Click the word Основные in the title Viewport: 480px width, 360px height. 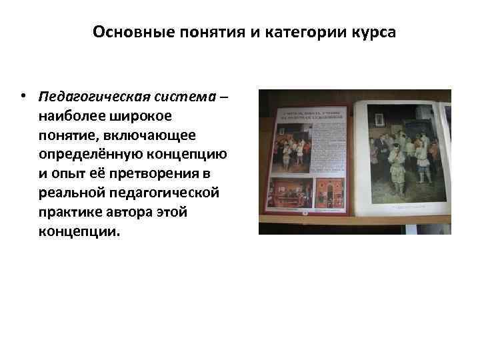pos(123,33)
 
